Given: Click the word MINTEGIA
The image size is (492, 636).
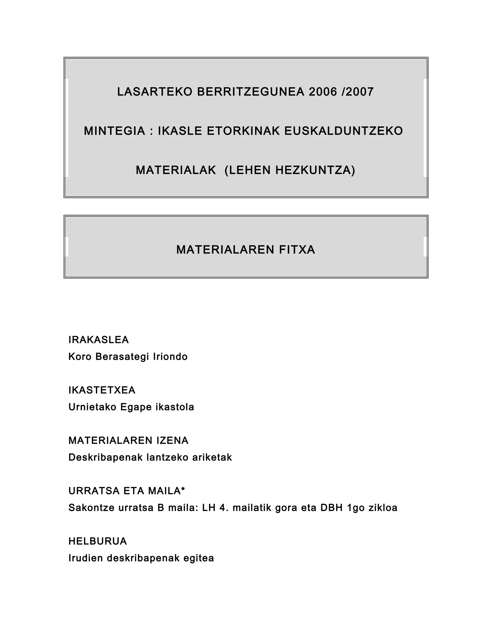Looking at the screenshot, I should [115, 131].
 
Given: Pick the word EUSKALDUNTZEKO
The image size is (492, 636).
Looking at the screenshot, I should [343, 131].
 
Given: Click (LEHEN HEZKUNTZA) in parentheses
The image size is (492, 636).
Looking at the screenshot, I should [290, 170].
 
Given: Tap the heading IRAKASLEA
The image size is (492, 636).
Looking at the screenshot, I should [98, 340].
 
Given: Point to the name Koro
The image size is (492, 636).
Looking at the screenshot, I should [80, 357].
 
